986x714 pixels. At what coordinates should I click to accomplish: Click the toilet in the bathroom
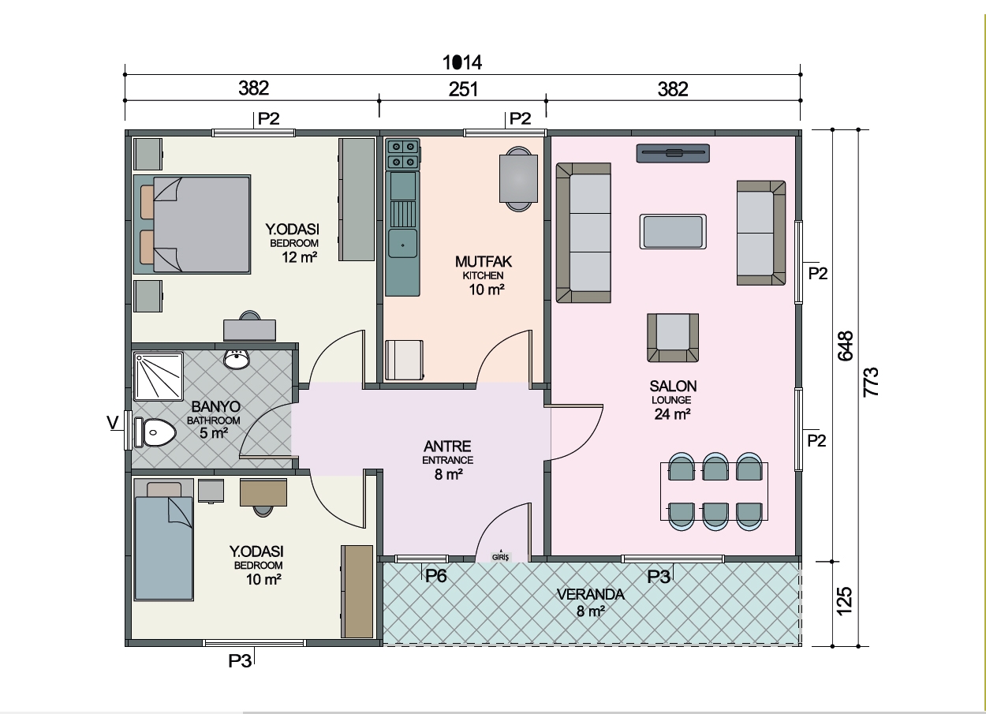coord(155,432)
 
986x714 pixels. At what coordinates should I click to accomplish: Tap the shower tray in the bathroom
coord(159,376)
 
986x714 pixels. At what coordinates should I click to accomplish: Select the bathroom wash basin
coord(237,359)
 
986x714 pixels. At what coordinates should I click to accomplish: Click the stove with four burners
coord(403,154)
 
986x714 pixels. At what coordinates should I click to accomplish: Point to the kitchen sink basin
coord(402,242)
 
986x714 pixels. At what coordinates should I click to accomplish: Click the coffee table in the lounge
coord(673,231)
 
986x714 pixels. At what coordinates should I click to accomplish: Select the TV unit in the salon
coord(673,153)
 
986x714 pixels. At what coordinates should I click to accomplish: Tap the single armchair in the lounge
coord(673,338)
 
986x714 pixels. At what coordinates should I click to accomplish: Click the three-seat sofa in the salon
coord(584,233)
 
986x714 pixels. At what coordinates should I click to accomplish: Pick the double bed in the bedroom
coord(192,225)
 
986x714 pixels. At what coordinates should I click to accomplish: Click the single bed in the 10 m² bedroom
coord(164,540)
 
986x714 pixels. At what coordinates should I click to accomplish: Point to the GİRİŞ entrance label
coord(500,557)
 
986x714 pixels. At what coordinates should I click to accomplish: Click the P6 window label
coord(435,576)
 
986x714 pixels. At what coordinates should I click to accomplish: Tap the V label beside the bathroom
coord(113,423)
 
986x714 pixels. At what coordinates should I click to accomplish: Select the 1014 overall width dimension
coord(462,62)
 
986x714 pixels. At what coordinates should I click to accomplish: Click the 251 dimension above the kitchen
coord(463,89)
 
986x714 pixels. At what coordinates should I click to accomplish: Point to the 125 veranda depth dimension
coord(844,601)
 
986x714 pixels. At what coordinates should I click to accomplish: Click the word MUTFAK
coord(484,262)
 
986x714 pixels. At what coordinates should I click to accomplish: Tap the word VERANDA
coord(590,595)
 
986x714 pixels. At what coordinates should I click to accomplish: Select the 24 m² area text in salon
coord(672,414)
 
